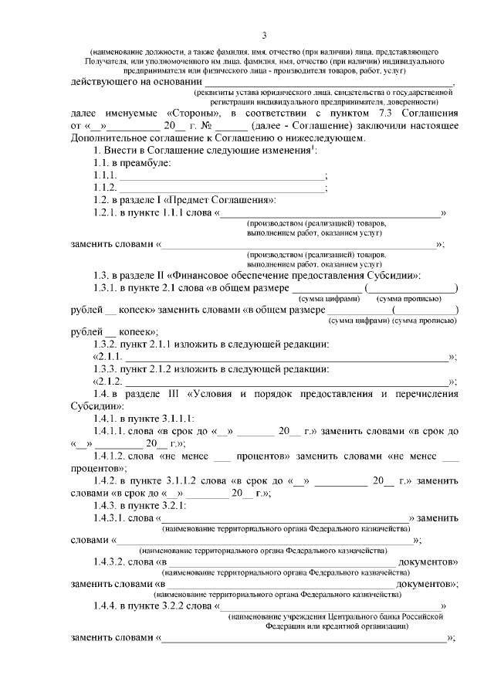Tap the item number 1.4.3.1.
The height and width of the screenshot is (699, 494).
pyautogui.click(x=110, y=518)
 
